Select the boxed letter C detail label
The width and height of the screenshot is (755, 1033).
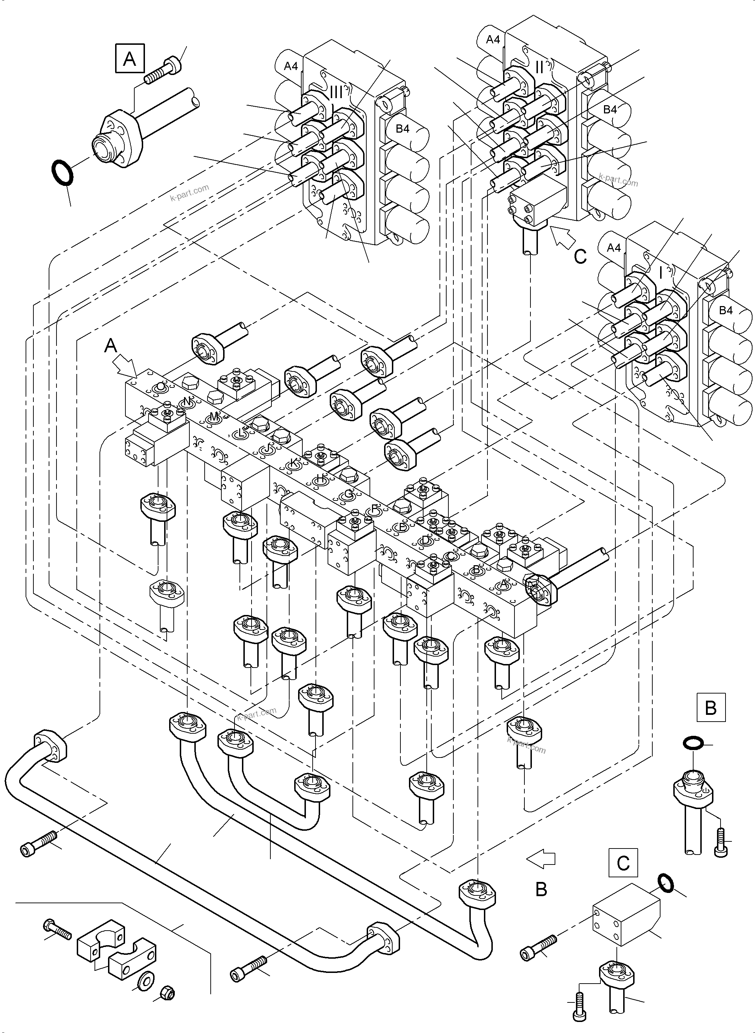point(624,863)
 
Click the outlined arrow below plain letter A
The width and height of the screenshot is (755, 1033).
point(126,366)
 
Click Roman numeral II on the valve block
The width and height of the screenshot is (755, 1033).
point(539,67)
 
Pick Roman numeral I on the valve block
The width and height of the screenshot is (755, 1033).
point(660,273)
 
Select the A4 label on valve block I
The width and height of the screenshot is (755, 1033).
point(614,248)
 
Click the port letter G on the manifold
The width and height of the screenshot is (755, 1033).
point(348,494)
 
